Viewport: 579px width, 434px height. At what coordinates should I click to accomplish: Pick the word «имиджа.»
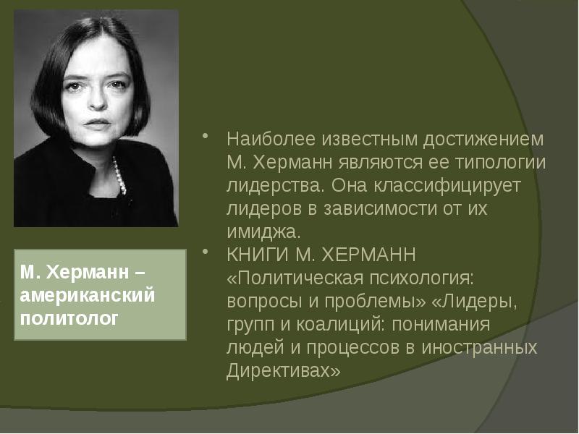click(262, 232)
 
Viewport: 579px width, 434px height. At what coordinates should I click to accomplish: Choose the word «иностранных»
click(484, 348)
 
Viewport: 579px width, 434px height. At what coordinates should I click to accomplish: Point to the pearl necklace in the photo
click(118, 174)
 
